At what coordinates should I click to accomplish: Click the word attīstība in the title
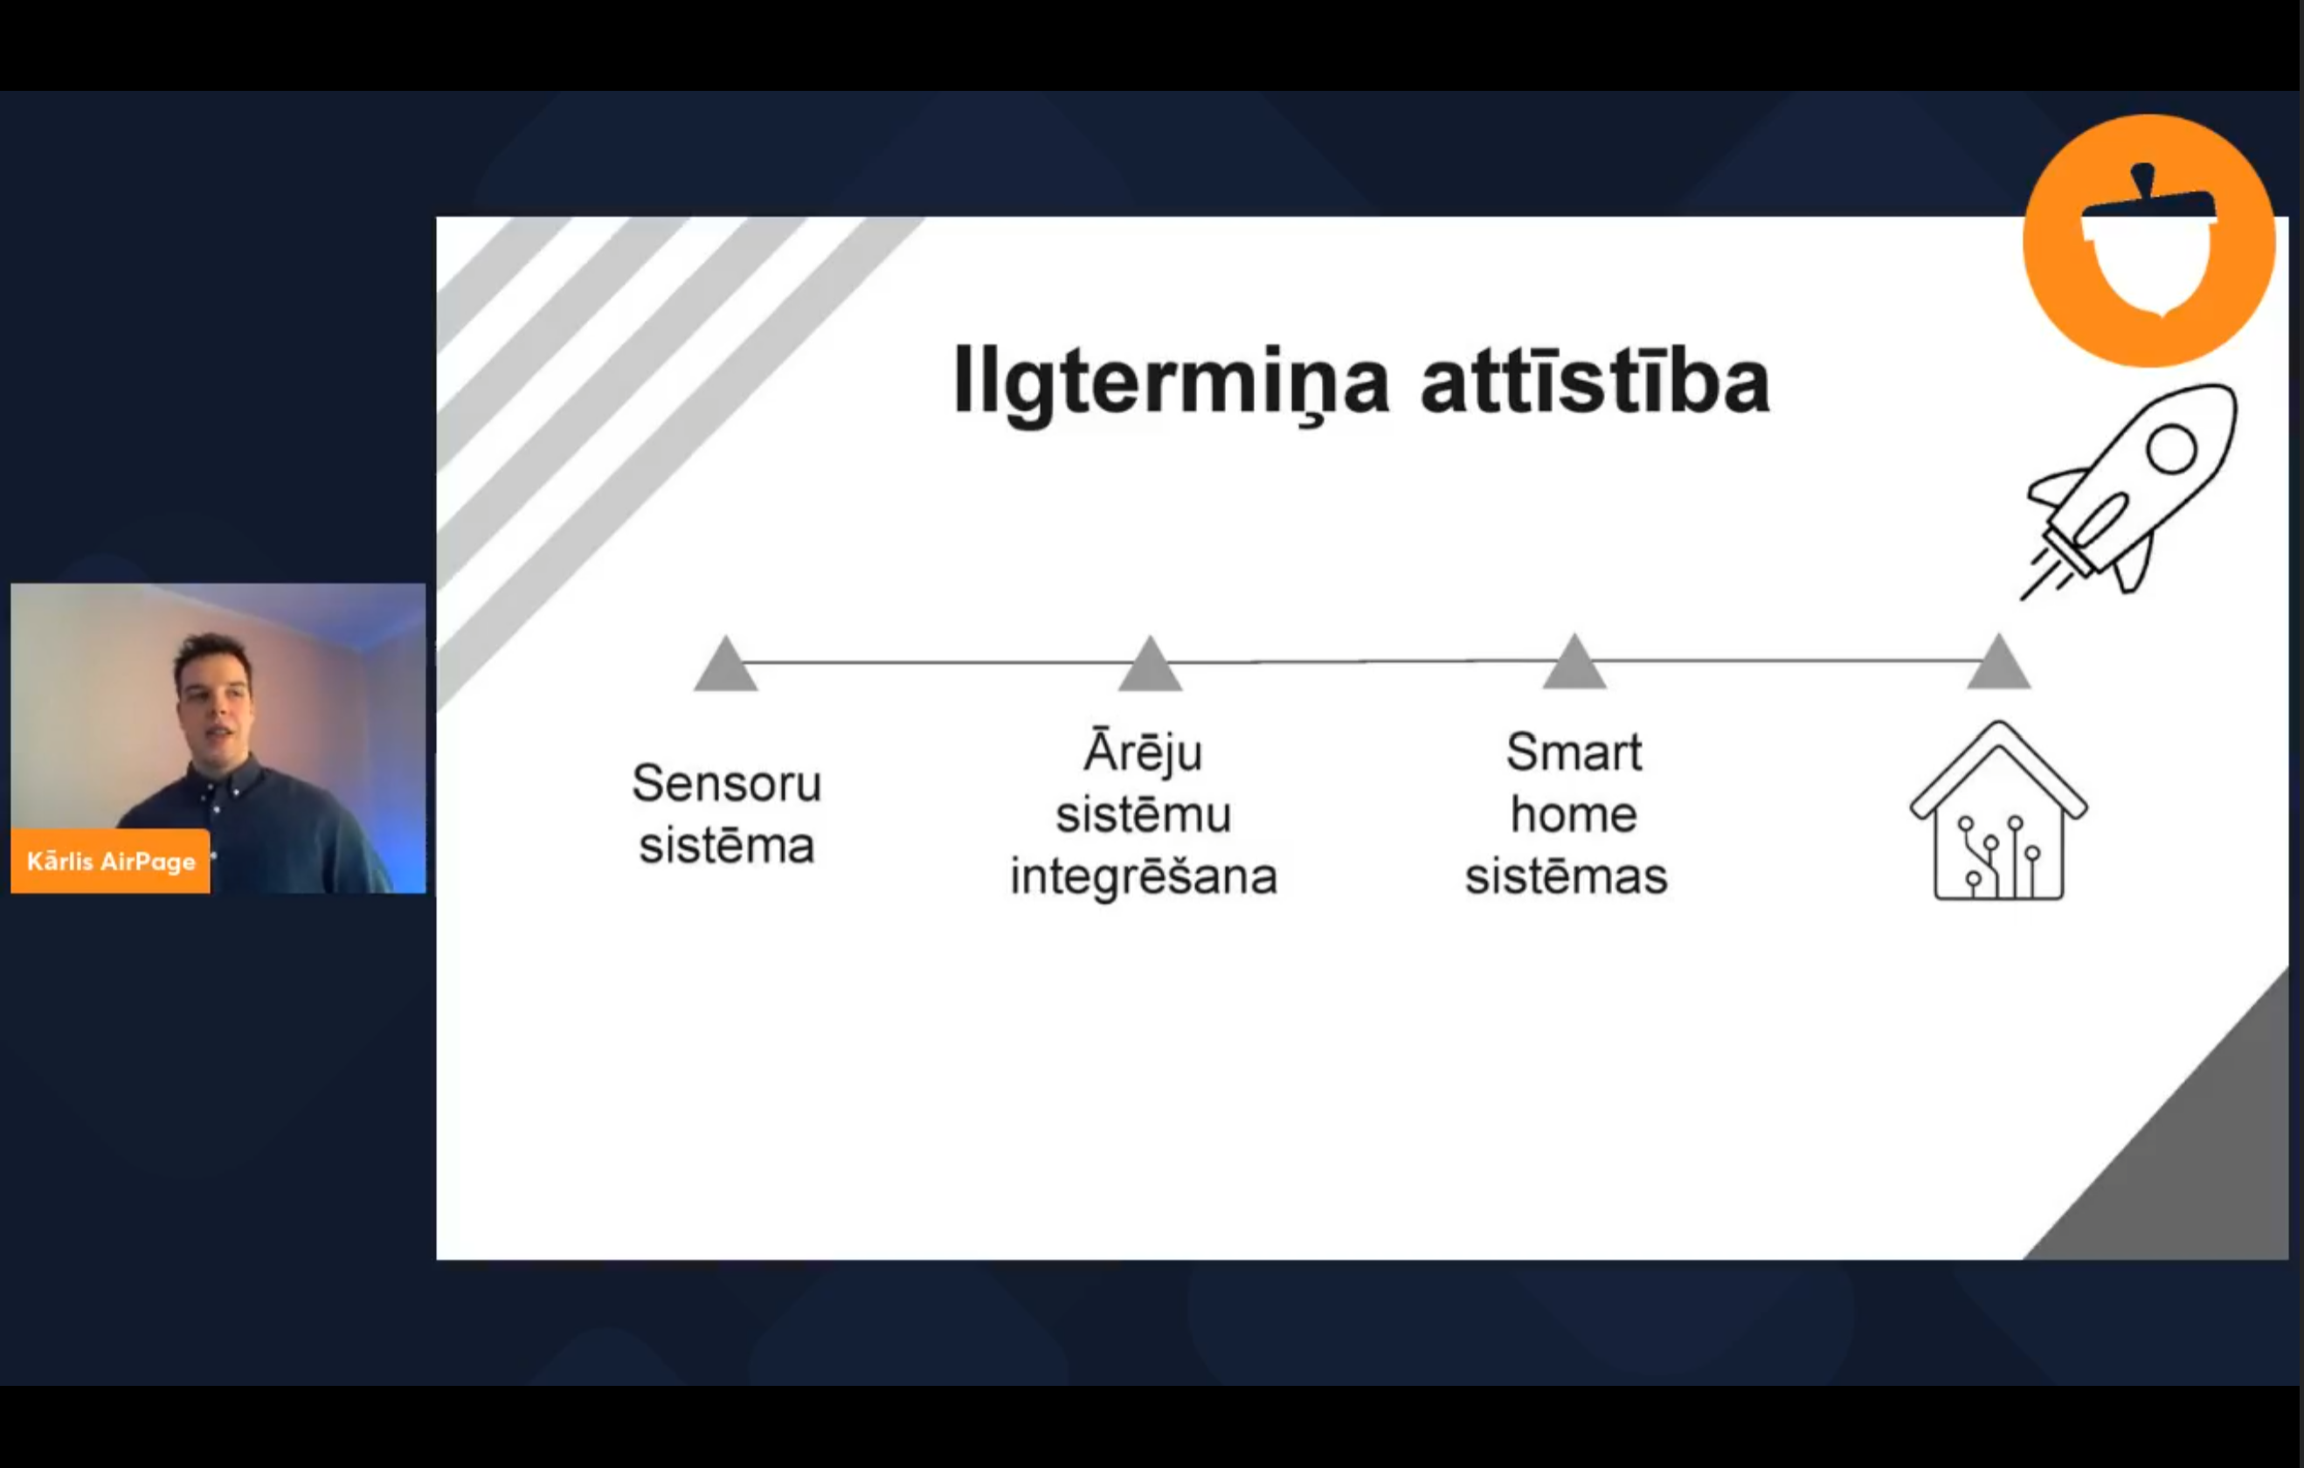click(1595, 380)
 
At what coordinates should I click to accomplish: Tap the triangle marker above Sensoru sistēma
click(725, 663)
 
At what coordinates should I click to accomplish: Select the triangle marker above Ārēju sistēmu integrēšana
click(1150, 663)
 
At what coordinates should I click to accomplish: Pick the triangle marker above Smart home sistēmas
click(1574, 661)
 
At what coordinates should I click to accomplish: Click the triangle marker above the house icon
click(1999, 661)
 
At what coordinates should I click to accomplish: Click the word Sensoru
click(726, 784)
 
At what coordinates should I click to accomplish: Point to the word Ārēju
click(1143, 752)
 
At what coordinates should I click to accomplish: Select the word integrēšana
click(1144, 876)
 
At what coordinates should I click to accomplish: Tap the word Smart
click(1574, 752)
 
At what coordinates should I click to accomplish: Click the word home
click(1574, 814)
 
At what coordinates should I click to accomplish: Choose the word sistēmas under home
click(1567, 876)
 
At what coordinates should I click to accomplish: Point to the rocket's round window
click(2171, 448)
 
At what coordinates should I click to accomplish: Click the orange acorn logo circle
click(2149, 240)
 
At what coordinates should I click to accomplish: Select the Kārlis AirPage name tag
click(111, 862)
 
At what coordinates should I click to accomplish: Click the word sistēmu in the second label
click(1144, 814)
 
